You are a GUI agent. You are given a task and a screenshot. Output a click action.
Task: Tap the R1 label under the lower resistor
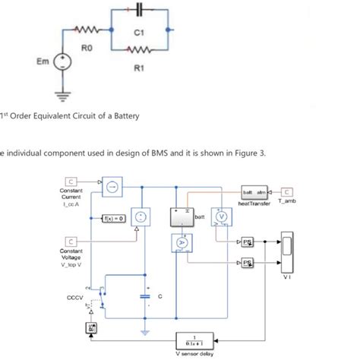138,69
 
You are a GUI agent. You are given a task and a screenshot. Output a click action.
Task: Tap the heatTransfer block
254,191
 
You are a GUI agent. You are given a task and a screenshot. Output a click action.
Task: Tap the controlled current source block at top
110,185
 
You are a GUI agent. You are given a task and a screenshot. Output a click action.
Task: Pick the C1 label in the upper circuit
139,33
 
